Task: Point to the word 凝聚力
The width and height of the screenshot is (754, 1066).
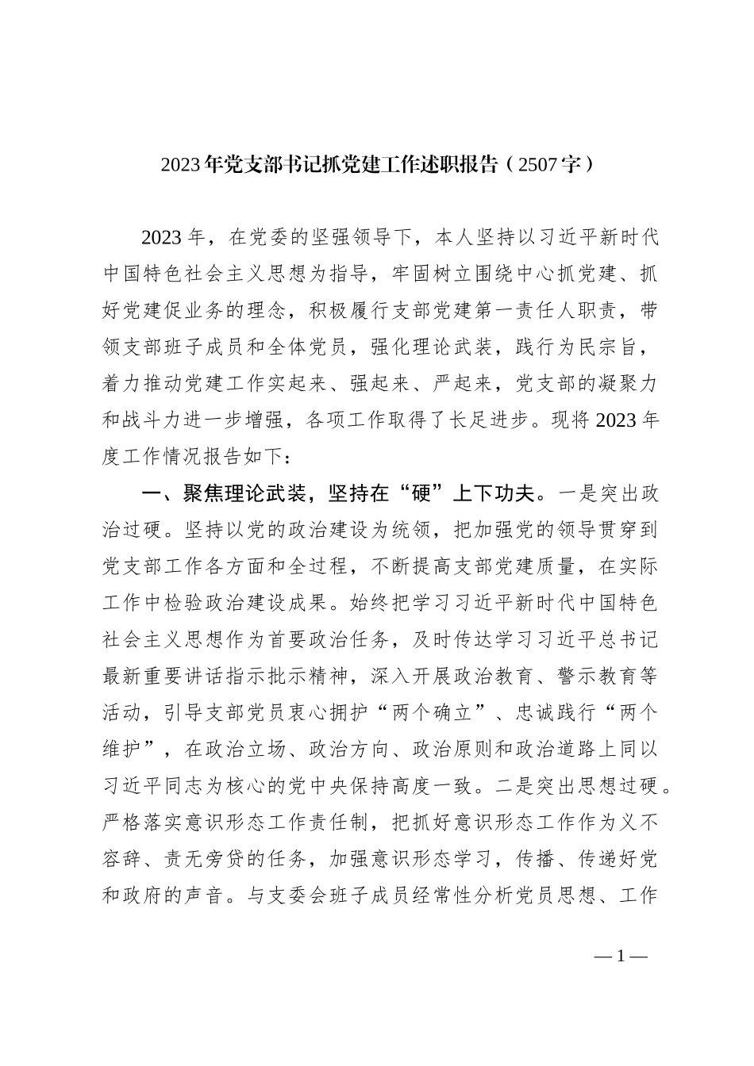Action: click(629, 383)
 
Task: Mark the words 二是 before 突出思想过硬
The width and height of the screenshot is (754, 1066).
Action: click(510, 785)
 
